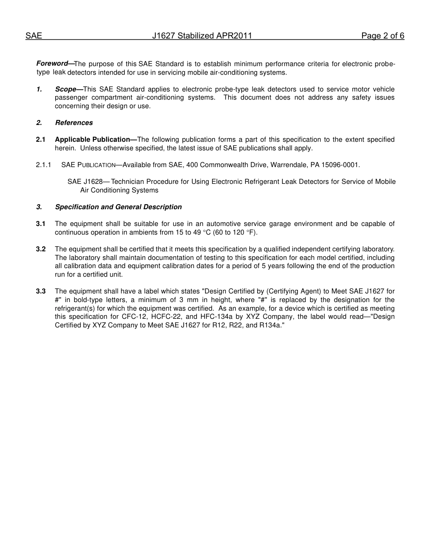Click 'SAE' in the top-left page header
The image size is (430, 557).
[33, 36]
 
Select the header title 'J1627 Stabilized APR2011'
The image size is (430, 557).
[202, 36]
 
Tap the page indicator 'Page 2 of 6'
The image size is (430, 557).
[382, 36]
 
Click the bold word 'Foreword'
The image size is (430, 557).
[52, 64]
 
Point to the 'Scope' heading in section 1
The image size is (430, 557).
[66, 89]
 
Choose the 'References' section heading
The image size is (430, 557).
[74, 123]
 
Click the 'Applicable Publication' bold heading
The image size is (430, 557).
[93, 139]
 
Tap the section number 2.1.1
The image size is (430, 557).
[43, 165]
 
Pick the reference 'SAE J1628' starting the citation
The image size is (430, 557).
[85, 182]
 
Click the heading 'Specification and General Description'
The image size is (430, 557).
[118, 207]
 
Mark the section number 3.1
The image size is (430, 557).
[41, 224]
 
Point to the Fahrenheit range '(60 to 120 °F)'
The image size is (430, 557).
[235, 232]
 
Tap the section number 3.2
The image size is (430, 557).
[41, 249]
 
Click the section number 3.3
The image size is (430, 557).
[41, 291]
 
